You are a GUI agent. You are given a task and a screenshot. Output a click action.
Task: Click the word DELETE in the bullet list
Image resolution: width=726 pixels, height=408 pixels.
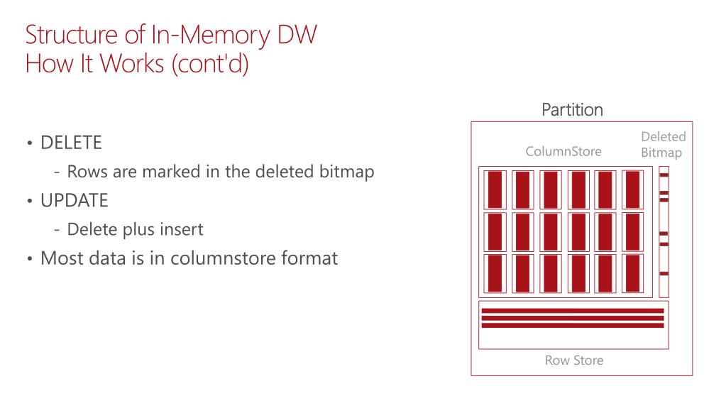[x=71, y=143]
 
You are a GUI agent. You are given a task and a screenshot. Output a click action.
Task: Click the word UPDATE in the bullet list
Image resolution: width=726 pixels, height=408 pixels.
[x=75, y=201]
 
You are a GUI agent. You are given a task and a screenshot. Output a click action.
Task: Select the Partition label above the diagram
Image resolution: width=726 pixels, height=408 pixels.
[x=572, y=110]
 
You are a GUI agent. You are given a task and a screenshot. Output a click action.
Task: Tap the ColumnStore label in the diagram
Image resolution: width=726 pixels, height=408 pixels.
[x=563, y=151]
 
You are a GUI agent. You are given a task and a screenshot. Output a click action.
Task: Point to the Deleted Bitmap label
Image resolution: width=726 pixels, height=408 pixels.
[x=663, y=144]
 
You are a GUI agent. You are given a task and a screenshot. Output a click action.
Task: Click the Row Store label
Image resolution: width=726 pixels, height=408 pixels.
[x=573, y=360]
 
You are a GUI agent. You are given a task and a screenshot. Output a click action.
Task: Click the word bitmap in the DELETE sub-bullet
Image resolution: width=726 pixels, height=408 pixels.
[x=347, y=172]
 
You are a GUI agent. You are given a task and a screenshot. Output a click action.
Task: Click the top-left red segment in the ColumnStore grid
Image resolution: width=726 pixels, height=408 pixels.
[x=495, y=189]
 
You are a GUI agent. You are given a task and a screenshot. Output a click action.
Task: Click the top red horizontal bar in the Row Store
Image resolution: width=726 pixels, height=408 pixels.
[x=572, y=311]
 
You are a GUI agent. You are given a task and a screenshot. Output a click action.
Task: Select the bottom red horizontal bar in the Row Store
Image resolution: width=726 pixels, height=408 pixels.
[x=572, y=326]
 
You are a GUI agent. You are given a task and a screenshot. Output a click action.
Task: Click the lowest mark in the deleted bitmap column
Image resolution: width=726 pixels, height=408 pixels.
[x=664, y=273]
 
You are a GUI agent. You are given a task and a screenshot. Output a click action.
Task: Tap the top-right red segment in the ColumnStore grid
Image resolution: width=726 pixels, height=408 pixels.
[x=632, y=189]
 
